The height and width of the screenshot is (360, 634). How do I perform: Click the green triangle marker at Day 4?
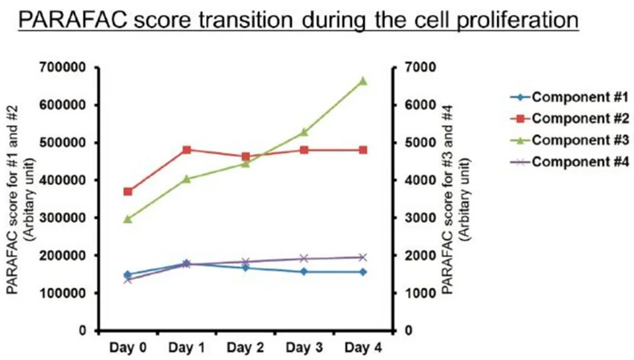(362, 80)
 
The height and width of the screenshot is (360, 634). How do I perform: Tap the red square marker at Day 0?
(127, 192)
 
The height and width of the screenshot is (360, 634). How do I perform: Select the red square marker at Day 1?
(187, 150)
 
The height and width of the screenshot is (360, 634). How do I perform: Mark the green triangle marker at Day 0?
(127, 219)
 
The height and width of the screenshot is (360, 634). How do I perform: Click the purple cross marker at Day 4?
(362, 257)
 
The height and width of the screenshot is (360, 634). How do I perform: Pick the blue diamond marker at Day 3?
(304, 272)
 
